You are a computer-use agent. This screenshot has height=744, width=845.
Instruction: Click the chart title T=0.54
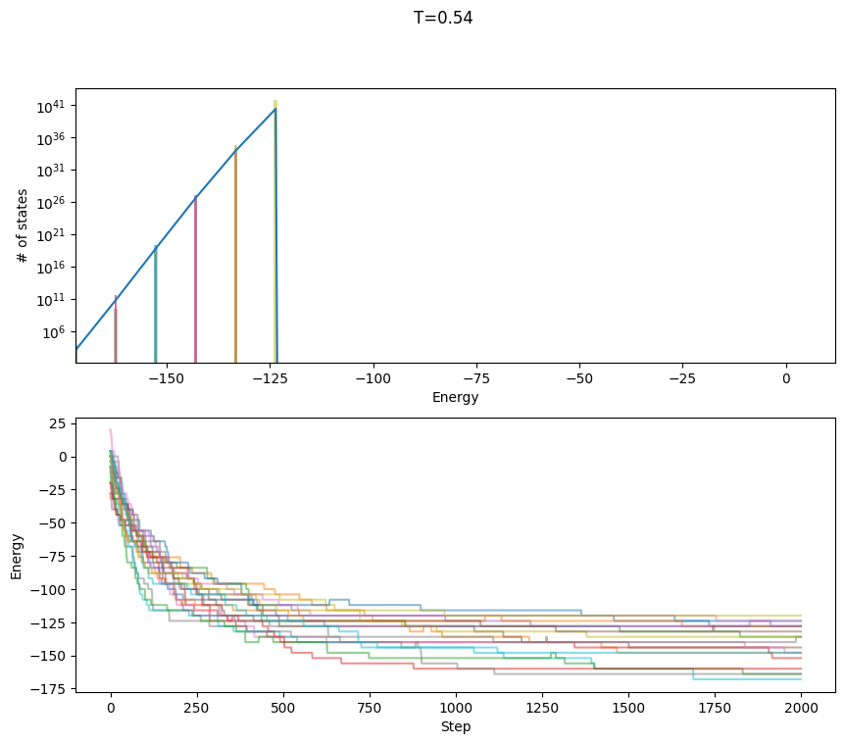[x=443, y=18]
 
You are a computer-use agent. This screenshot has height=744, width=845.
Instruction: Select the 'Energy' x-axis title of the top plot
[x=455, y=397]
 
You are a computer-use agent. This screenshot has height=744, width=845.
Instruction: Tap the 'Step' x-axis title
[x=455, y=726]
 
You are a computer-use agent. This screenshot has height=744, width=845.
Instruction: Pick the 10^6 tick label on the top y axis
[x=53, y=331]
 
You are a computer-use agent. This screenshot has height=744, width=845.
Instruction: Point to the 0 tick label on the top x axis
[x=786, y=377]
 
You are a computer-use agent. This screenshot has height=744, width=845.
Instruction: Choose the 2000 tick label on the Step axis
[x=800, y=707]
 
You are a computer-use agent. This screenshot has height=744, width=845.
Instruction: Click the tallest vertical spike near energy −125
[x=275, y=225]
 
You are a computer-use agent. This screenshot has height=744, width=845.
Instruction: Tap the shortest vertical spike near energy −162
[x=116, y=328]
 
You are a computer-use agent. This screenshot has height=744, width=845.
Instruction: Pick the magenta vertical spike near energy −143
[x=195, y=279]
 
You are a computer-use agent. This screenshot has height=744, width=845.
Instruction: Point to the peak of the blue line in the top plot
[x=275, y=109]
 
